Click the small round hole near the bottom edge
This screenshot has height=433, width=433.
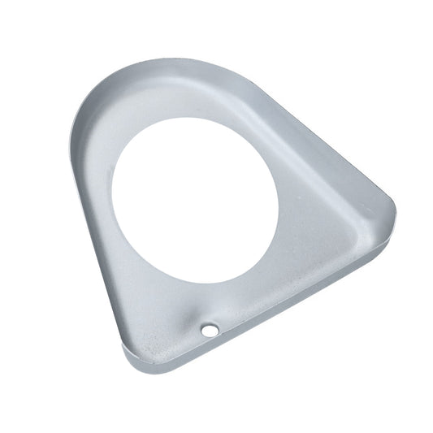pyautogui.click(x=210, y=330)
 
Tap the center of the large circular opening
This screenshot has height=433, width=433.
pyautogui.click(x=194, y=200)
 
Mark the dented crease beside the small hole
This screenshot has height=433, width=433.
pyautogui.click(x=195, y=318)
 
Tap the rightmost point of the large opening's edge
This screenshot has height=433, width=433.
pyautogui.click(x=278, y=199)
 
